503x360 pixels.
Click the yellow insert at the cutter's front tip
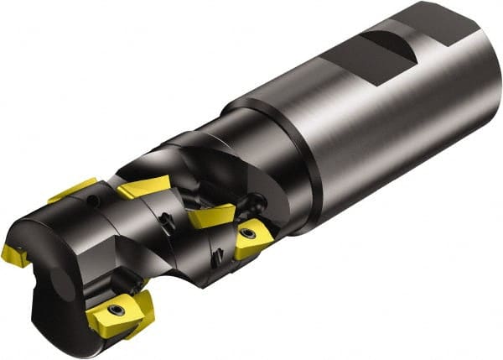tap(14, 253)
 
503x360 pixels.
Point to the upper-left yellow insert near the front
tap(73, 189)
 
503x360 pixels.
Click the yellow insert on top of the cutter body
tap(142, 187)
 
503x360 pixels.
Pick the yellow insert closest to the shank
tap(251, 238)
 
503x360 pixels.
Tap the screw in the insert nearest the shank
tap(249, 233)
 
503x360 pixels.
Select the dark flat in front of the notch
tap(344, 59)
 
